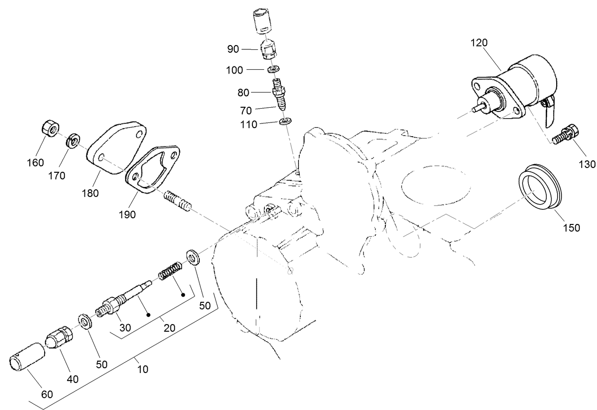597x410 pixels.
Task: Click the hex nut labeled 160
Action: (x=49, y=129)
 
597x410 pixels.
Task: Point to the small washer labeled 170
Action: (x=73, y=140)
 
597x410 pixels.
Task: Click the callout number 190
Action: (x=128, y=214)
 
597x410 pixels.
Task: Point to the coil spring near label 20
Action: (x=168, y=272)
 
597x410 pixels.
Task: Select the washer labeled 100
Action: (x=273, y=70)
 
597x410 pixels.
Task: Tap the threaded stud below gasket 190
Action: (x=178, y=202)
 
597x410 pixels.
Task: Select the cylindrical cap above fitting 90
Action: (x=261, y=22)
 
